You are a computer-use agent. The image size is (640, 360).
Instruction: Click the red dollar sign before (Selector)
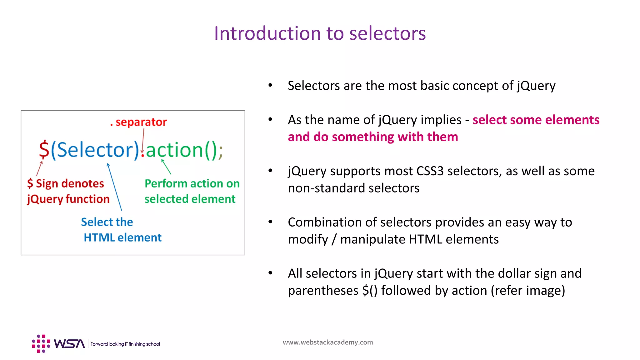click(x=44, y=150)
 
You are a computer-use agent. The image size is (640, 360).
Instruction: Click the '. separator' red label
click(x=139, y=122)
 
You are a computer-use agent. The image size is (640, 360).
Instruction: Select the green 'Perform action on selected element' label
click(x=191, y=191)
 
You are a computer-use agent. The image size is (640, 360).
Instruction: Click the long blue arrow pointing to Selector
click(x=114, y=187)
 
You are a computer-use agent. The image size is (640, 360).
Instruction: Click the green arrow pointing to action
click(x=166, y=167)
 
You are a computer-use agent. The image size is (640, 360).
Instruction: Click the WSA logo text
click(x=69, y=344)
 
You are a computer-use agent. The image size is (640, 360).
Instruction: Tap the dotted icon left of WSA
click(x=41, y=344)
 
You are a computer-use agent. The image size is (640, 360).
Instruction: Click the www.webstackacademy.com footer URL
click(x=327, y=342)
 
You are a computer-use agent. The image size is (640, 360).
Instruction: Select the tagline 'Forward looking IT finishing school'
click(x=125, y=344)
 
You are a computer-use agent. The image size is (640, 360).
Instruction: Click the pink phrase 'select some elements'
click(x=536, y=120)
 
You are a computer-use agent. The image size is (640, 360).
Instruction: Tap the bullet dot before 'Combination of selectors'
click(x=270, y=222)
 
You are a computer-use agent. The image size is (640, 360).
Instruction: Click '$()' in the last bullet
click(x=370, y=291)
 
